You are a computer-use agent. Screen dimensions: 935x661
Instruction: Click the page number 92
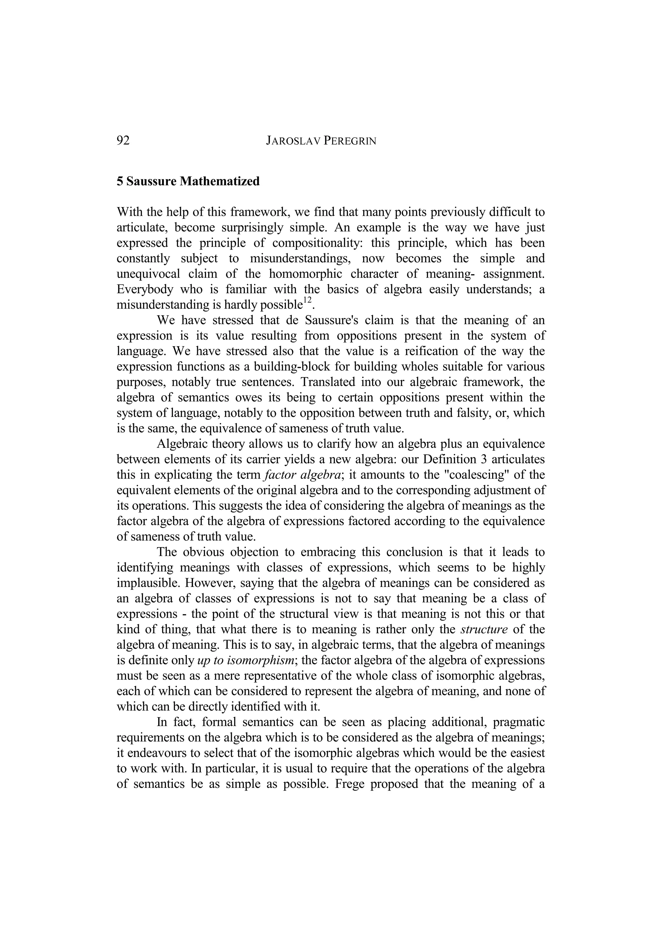pos(123,140)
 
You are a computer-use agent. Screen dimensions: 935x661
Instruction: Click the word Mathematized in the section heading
pos(219,181)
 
